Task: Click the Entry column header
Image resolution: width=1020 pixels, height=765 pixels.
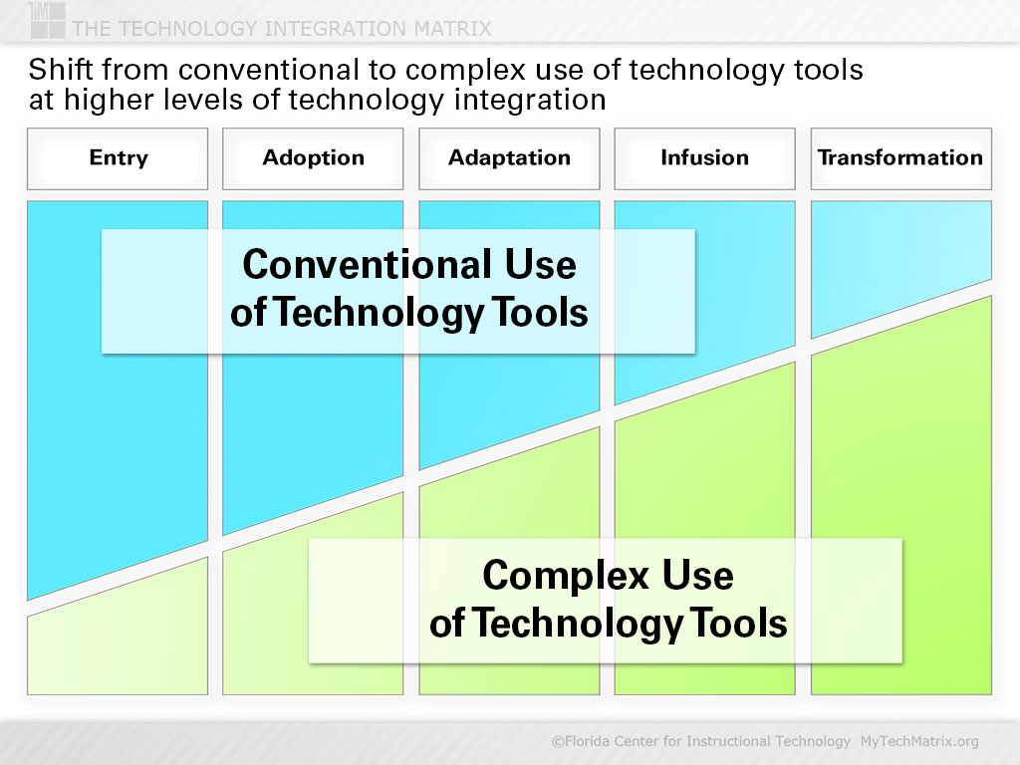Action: pos(118,158)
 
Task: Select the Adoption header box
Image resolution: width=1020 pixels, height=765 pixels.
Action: pos(313,158)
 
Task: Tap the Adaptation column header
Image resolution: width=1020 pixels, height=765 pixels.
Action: pos(509,158)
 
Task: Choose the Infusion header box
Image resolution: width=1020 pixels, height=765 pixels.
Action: pos(704,158)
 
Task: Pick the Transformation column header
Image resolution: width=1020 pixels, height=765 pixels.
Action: pos(900,158)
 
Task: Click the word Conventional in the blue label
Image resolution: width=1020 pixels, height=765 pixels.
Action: pos(367,264)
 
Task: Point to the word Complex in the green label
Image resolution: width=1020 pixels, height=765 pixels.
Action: pos(566,576)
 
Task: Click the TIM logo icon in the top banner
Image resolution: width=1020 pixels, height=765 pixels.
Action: pos(47,20)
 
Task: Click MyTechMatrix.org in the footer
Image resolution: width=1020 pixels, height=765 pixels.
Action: pos(919,741)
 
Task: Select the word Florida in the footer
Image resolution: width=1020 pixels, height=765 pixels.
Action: pos(590,741)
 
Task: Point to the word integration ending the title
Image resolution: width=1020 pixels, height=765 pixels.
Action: pos(530,101)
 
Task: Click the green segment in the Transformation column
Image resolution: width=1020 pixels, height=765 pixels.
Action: pos(900,520)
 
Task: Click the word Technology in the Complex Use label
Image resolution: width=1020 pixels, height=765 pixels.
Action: pos(577,624)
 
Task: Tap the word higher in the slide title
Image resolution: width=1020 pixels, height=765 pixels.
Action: pos(108,101)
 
